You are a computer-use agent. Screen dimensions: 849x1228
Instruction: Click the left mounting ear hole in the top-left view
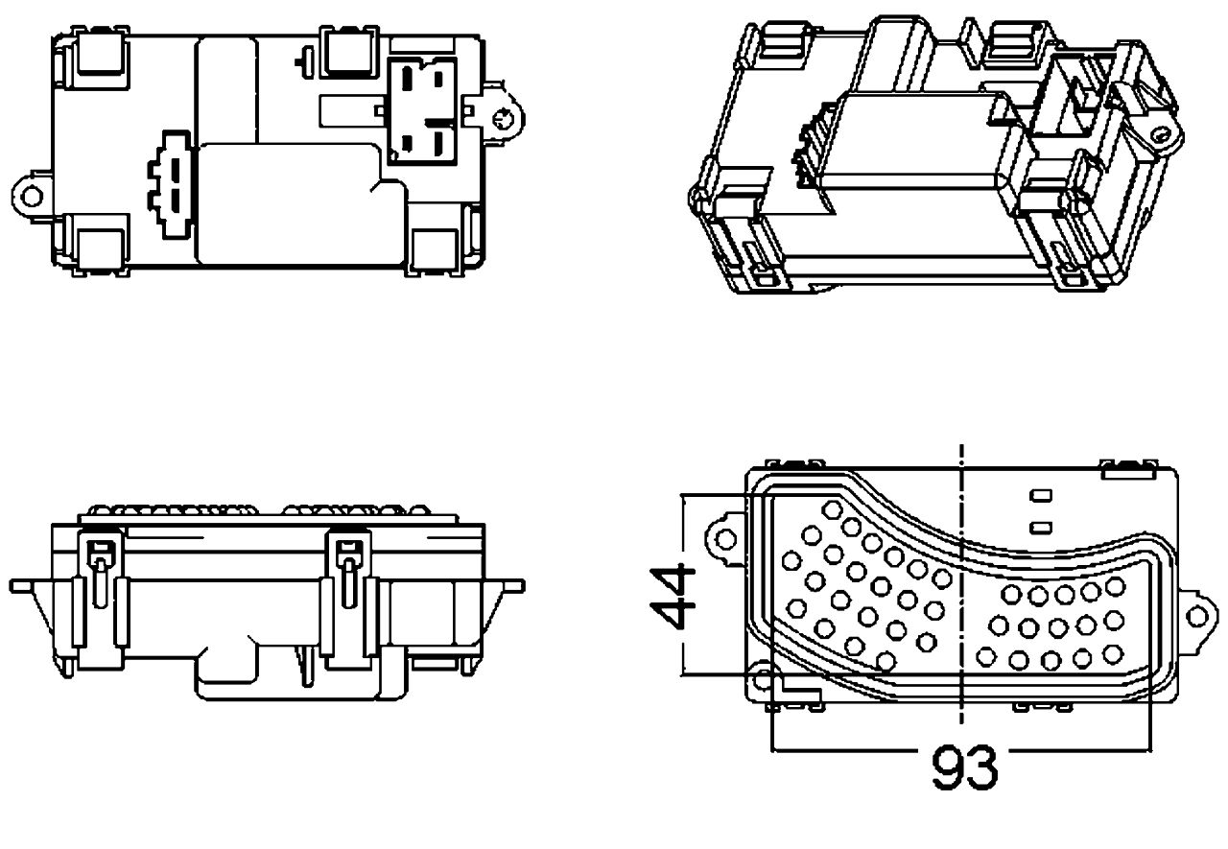[32, 196]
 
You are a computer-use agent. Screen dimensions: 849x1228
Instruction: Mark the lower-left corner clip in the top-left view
[100, 245]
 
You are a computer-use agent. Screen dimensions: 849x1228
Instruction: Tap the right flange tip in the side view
[516, 583]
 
